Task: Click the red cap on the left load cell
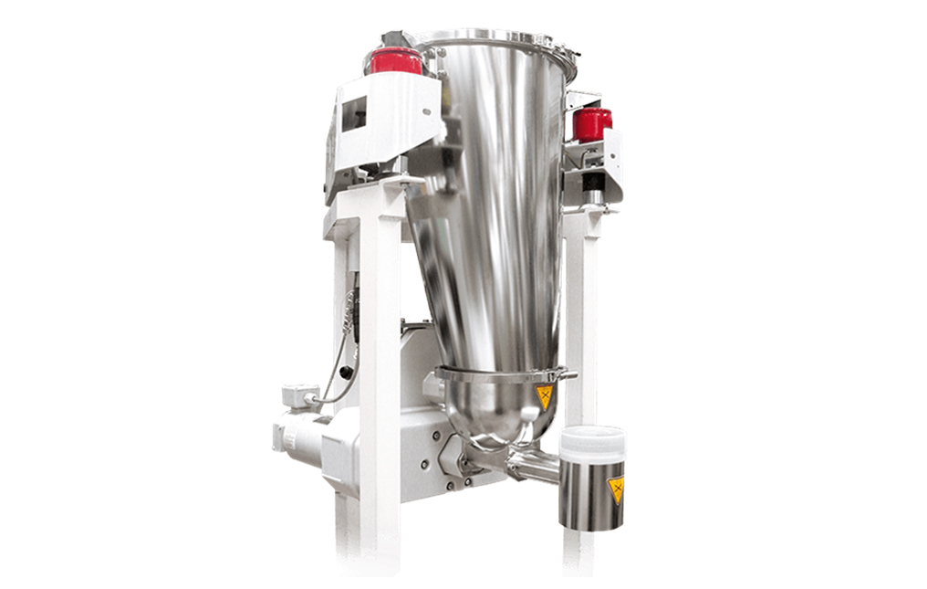[395, 60]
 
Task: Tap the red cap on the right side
[592, 123]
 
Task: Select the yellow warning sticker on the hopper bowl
[545, 396]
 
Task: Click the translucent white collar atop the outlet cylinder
[592, 443]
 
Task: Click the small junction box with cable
[299, 395]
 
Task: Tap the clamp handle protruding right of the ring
[568, 373]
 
